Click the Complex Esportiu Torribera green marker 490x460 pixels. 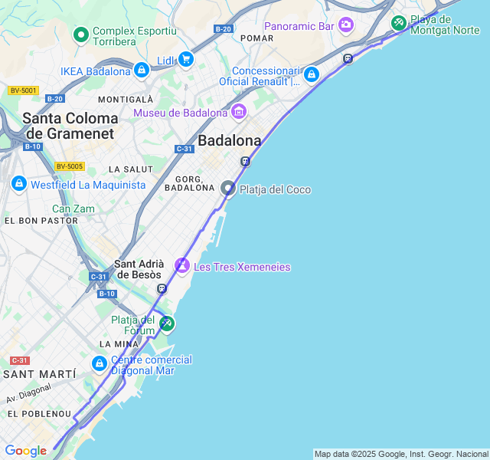80,34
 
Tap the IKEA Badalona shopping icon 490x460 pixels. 141,71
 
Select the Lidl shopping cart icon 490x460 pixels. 185,59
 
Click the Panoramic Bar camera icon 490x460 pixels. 346,25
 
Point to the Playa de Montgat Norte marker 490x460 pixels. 398,23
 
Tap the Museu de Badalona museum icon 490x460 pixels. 238,112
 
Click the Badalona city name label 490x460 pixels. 229,140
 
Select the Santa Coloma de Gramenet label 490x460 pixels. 70,126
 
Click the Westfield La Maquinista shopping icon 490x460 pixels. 19,184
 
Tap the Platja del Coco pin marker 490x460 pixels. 228,189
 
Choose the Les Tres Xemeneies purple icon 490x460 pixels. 182,266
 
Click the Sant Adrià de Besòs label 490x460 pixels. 138,269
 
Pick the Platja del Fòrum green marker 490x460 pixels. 166,324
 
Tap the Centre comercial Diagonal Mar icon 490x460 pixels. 100,363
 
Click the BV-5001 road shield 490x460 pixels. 24,90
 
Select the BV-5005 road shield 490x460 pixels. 69,166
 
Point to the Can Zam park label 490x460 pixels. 73,209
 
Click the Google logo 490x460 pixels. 25,451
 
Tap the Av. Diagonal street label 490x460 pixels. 29,393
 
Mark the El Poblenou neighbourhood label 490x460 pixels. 39,414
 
